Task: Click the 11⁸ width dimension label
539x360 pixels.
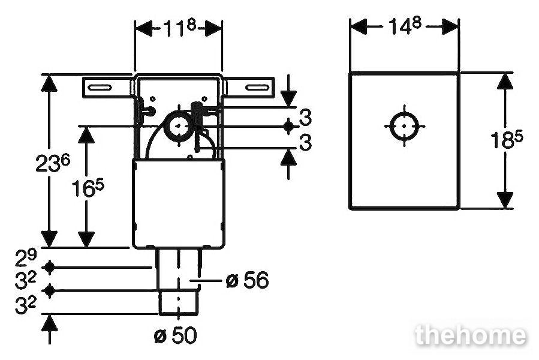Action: click(x=179, y=28)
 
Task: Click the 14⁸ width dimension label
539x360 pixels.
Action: click(x=405, y=25)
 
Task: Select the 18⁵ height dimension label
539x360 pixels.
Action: click(x=507, y=139)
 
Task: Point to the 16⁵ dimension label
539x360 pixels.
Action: click(x=88, y=188)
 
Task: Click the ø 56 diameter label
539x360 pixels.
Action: click(x=247, y=280)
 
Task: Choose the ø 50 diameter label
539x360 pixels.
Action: click(x=176, y=335)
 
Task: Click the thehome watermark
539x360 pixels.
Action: click(x=470, y=335)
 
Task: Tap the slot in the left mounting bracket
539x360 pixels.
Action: click(x=100, y=88)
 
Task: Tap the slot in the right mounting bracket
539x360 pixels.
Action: click(x=257, y=88)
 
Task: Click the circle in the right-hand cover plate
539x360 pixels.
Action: click(x=404, y=126)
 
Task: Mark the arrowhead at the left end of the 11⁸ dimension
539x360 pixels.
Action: click(x=144, y=28)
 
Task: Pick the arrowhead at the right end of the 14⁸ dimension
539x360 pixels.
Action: click(x=450, y=27)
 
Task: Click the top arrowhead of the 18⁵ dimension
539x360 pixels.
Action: click(x=505, y=81)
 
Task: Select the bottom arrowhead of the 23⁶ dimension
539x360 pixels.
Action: click(x=49, y=239)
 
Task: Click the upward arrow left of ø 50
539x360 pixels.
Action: click(x=50, y=329)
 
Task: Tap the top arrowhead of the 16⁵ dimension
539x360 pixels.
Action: click(x=86, y=135)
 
